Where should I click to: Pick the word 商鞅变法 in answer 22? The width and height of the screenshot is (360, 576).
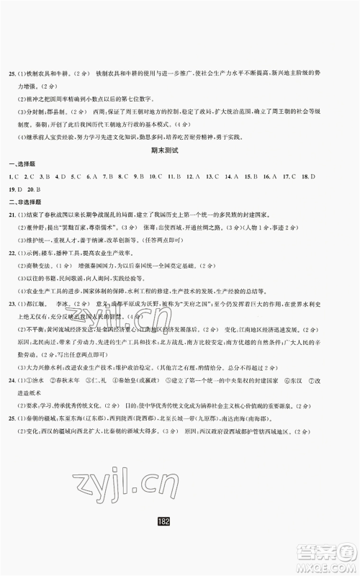[x=42, y=269]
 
